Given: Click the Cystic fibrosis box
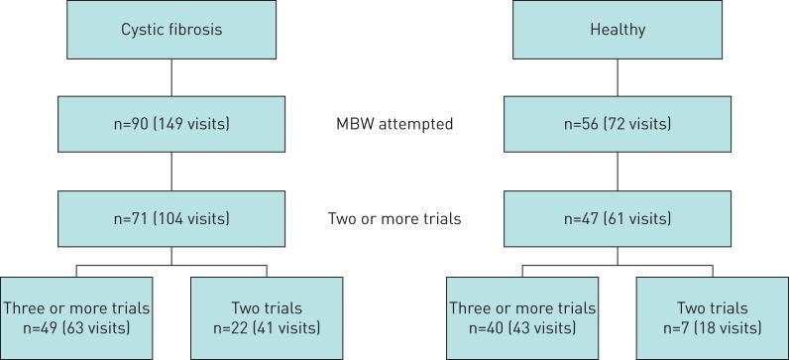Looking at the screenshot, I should pyautogui.click(x=172, y=30).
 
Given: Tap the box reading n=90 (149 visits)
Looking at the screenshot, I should pyautogui.click(x=172, y=124).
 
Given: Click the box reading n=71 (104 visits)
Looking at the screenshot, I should pyautogui.click(x=172, y=218).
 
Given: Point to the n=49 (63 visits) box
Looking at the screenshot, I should pyautogui.click(x=75, y=317).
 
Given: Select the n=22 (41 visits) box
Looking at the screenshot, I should pyautogui.click(x=266, y=317).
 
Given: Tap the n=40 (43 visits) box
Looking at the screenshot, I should pyautogui.click(x=521, y=317).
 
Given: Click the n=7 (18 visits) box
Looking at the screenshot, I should pyautogui.click(x=712, y=317).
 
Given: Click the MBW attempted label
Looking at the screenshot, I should pyautogui.click(x=394, y=124).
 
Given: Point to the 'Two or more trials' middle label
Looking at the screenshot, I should pyautogui.click(x=394, y=218).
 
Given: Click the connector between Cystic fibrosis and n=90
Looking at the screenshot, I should pyautogui.click(x=172, y=77).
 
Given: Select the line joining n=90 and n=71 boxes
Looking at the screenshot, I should pyautogui.click(x=172, y=172).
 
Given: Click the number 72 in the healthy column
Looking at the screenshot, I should pyautogui.click(x=622, y=124).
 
